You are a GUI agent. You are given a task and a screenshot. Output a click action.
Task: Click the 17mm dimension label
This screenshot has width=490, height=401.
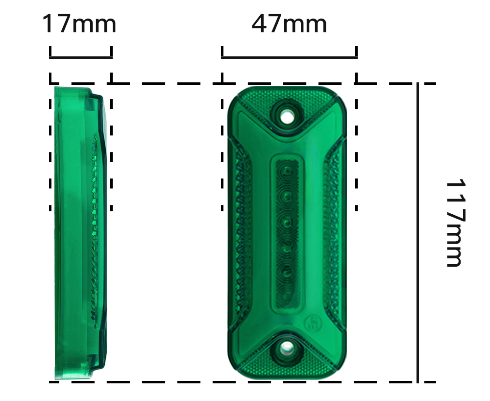tap(79, 24)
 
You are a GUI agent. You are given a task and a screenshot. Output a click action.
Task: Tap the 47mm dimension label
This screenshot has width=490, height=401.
tap(289, 24)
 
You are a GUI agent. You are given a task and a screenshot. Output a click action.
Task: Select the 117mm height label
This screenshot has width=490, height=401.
tap(456, 223)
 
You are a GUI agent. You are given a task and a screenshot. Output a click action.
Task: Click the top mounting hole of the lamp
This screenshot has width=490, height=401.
tap(287, 118)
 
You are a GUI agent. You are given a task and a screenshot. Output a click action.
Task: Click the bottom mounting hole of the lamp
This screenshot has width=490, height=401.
tap(287, 348)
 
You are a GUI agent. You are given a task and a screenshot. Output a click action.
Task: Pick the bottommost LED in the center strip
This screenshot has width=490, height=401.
tap(287, 296)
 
